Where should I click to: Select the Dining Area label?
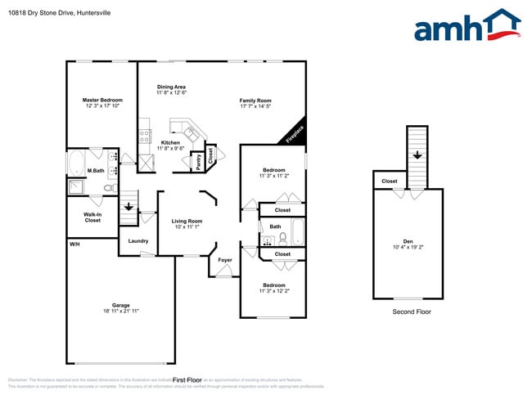pos(171,87)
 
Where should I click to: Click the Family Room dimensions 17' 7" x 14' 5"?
pos(255,106)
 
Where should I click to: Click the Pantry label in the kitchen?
pos(196,162)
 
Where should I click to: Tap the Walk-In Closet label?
pos(92,217)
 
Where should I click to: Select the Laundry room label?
pos(138,240)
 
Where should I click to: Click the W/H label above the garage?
pos(74,244)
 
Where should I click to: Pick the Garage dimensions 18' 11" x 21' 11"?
pos(121,312)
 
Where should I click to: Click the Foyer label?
pos(225,260)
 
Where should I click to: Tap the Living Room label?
pos(187,221)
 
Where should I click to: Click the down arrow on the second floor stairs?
pos(417,155)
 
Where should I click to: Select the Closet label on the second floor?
pos(390,182)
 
